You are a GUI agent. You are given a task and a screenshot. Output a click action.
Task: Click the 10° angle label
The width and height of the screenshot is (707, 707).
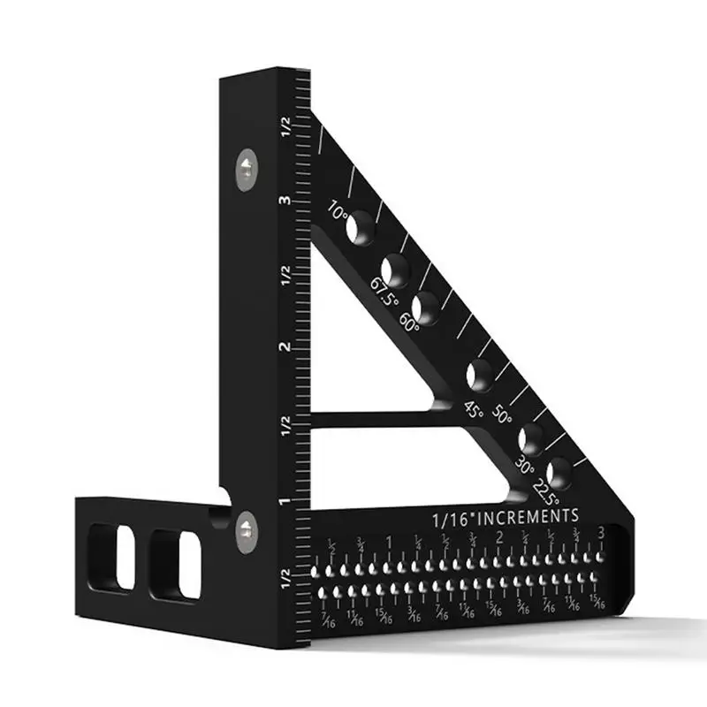pyautogui.click(x=337, y=212)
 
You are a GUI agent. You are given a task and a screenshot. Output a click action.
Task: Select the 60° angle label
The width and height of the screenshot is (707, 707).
pyautogui.click(x=409, y=320)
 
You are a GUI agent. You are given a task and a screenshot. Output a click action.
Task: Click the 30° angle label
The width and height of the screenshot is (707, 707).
pyautogui.click(x=524, y=466)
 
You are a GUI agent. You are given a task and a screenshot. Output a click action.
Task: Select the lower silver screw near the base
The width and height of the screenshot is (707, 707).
pyautogui.click(x=245, y=528)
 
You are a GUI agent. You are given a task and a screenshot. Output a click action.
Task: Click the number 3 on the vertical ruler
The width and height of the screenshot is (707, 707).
pyautogui.click(x=285, y=201)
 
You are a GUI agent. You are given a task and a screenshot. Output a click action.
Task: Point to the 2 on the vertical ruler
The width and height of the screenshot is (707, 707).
pyautogui.click(x=285, y=346)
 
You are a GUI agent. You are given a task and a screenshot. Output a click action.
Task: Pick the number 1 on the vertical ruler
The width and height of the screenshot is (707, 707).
pyautogui.click(x=285, y=502)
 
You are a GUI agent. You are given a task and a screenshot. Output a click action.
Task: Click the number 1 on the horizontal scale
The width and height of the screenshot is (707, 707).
pyautogui.click(x=389, y=541)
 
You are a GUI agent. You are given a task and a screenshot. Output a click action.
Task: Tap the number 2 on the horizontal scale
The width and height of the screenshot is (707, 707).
pyautogui.click(x=499, y=538)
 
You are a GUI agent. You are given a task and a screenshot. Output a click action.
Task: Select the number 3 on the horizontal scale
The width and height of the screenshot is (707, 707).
pyautogui.click(x=601, y=534)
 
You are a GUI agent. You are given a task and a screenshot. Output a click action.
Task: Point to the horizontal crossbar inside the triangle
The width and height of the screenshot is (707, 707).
pyautogui.click(x=371, y=418)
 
